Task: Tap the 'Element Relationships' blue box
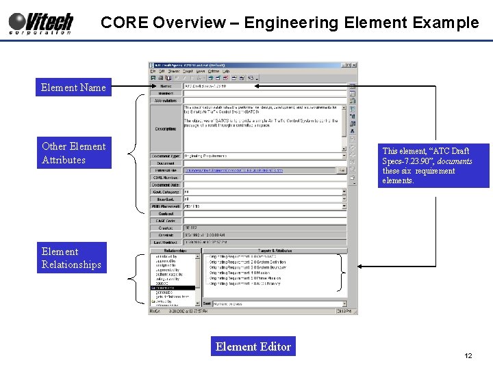71,258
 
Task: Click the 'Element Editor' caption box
253,346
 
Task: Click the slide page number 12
468,356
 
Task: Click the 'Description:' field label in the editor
166,128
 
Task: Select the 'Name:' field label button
166,86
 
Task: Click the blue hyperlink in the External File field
233,170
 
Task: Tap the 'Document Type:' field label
166,156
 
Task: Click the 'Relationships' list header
174,251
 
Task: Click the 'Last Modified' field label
166,241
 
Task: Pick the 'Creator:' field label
166,227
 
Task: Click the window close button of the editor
355,66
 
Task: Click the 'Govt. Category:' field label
166,191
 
